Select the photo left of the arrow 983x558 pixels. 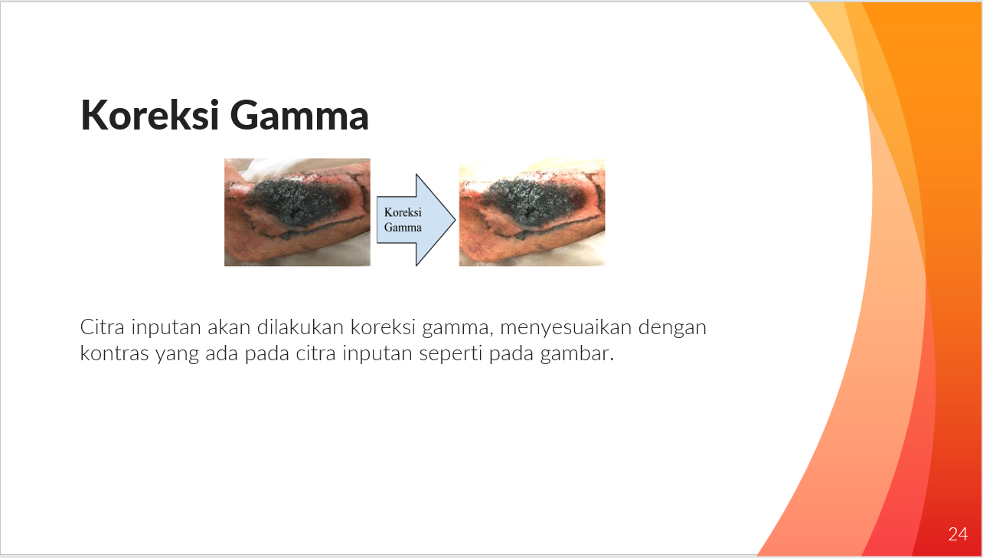click(297, 212)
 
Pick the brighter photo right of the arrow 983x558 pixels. click(531, 212)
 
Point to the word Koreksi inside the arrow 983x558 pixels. click(403, 212)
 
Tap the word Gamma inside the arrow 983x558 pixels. click(403, 227)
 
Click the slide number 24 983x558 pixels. click(958, 534)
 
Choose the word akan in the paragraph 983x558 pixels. click(227, 328)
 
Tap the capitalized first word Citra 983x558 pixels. click(102, 328)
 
